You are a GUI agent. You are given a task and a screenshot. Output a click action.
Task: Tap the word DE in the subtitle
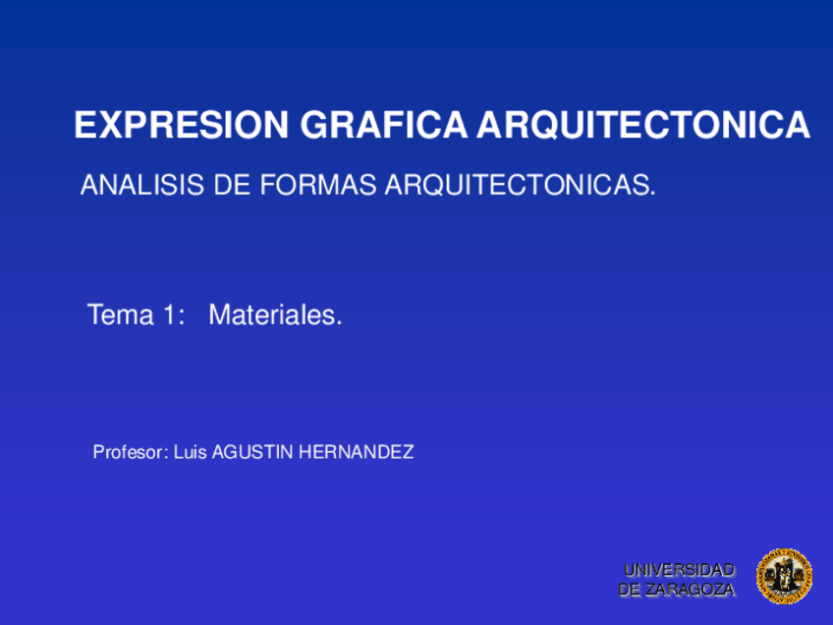pyautogui.click(x=230, y=185)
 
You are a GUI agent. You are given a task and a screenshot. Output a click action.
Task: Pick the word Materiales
pyautogui.click(x=273, y=315)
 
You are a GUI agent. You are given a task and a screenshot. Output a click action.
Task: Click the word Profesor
pyautogui.click(x=129, y=453)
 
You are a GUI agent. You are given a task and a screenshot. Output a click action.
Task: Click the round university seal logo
pyautogui.click(x=784, y=577)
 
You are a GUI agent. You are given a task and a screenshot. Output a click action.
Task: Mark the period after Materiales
pyautogui.click(x=339, y=323)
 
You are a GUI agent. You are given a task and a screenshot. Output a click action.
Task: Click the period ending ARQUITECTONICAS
pyautogui.click(x=652, y=192)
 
